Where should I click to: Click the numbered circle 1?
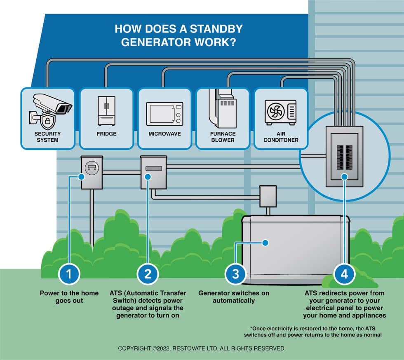coord(69,274)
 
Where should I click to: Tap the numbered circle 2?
coord(148,274)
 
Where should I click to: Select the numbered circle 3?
coord(235,274)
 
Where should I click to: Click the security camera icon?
coord(52,105)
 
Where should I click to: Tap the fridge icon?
coord(106,110)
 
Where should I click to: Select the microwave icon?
coord(164,114)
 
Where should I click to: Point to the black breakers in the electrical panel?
coord(344,157)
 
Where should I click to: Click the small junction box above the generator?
coord(267,196)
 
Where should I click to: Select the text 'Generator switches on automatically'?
coord(234,297)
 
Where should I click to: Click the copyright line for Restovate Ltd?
coord(202,348)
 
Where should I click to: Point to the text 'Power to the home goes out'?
coord(69,297)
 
